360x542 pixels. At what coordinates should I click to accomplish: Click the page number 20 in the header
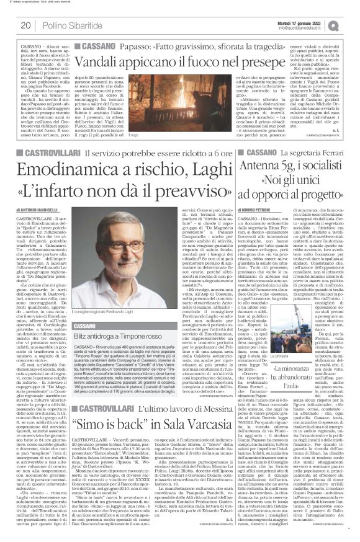click(26, 25)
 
